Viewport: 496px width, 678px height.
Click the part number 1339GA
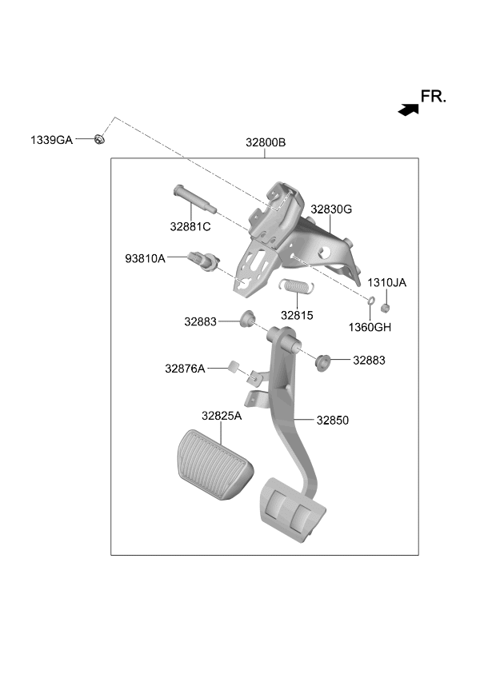(51, 140)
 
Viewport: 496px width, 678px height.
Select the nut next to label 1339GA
(99, 139)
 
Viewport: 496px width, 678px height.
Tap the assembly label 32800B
(266, 142)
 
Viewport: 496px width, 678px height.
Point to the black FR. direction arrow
(409, 110)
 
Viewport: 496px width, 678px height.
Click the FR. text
(434, 97)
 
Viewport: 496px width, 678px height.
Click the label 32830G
(331, 209)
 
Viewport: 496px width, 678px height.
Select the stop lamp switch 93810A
(204, 261)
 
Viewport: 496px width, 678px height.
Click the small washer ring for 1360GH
(371, 300)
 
